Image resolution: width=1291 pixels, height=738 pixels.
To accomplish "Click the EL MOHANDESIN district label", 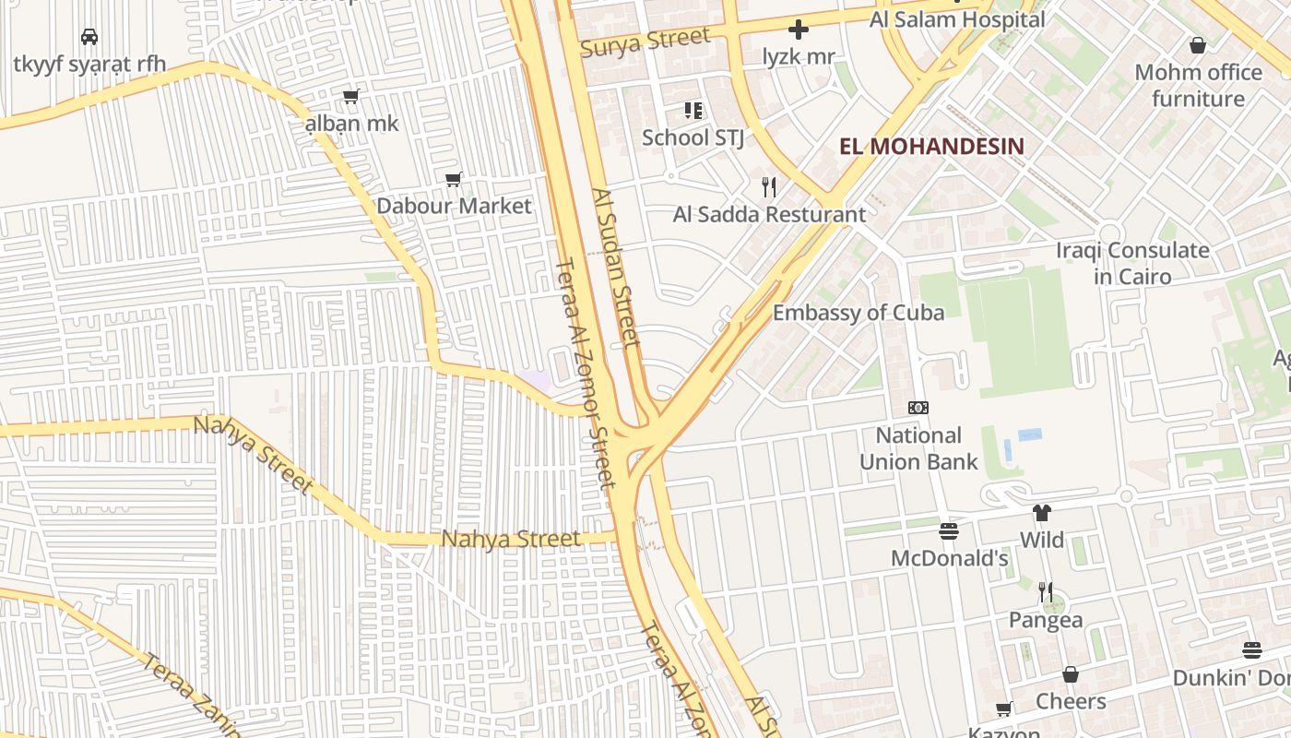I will click(932, 146).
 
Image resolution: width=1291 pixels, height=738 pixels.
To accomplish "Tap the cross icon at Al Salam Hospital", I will click(799, 30).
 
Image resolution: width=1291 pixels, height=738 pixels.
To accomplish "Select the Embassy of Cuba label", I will click(858, 313).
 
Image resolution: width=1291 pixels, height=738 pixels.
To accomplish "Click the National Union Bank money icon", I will click(918, 408).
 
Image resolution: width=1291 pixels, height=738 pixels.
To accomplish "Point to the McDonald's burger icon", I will click(949, 531).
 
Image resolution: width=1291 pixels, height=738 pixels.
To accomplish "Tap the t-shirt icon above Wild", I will click(1042, 513).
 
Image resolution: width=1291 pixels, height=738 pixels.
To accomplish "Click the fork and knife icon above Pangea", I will click(1045, 591).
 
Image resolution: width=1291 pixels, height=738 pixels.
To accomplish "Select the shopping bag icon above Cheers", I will click(1071, 674).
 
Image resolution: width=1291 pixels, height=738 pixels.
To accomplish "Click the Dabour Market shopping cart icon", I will click(454, 179).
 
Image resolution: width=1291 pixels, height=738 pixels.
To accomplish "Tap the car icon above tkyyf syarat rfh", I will click(89, 37).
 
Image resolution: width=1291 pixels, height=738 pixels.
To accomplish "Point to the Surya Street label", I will click(645, 42).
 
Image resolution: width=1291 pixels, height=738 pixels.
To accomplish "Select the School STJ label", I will click(693, 137).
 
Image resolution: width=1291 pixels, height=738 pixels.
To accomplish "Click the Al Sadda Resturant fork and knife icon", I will click(769, 187).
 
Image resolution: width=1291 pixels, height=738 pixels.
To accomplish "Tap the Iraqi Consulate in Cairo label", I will click(1132, 263).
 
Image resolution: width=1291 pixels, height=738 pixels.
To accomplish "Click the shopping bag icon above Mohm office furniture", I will click(1198, 45).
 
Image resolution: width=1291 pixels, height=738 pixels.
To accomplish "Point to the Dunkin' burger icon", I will click(1251, 650).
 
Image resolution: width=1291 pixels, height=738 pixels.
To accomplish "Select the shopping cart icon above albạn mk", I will click(351, 96).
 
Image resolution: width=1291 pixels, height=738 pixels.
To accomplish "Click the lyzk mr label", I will click(799, 56).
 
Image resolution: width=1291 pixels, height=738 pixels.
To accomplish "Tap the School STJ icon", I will click(693, 112).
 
